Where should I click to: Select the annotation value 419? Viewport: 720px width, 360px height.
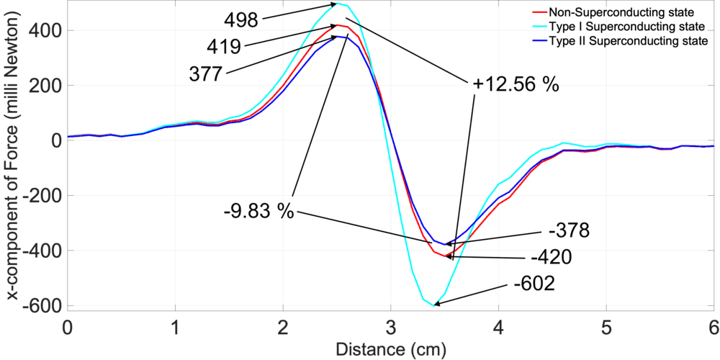coord(225,45)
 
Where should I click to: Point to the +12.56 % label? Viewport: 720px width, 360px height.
coord(516,84)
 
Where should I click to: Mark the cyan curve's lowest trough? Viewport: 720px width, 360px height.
coord(434,305)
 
